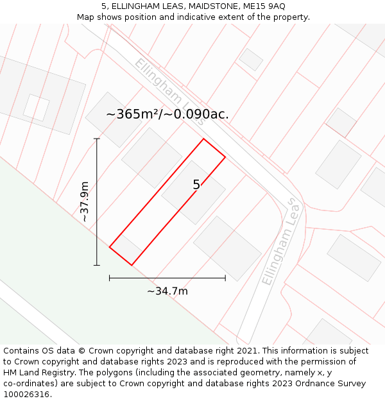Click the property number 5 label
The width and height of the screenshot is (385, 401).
click(196, 185)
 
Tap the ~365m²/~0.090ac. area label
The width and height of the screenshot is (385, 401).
click(167, 114)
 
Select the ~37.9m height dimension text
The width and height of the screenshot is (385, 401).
click(84, 201)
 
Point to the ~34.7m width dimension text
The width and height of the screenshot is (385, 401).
click(167, 291)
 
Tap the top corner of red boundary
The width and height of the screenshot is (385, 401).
click(203, 139)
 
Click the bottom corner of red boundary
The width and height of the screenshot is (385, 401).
click(132, 265)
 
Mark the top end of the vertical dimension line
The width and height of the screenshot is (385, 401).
click(97, 139)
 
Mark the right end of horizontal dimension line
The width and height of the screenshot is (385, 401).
click(225, 278)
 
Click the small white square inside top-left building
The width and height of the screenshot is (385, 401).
click(36, 108)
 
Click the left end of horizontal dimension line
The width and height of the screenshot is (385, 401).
click(110, 278)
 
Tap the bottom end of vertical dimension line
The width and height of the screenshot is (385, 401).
click(97, 265)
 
